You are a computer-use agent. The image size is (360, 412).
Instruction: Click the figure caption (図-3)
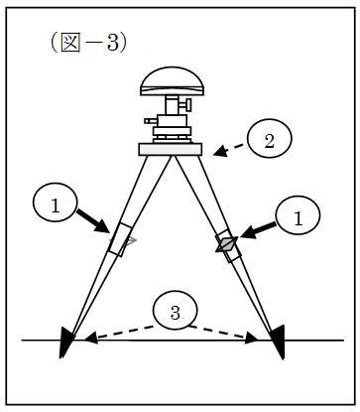88,43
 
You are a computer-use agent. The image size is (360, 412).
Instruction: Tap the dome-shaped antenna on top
172,81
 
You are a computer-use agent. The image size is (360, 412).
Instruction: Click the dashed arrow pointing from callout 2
229,150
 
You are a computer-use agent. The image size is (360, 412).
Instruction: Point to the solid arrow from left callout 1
93,220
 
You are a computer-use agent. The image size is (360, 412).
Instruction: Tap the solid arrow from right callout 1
258,230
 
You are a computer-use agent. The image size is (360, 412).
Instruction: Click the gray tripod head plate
171,149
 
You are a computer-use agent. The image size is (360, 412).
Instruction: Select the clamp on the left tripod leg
122,240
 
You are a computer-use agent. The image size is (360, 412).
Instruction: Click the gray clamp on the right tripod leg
228,245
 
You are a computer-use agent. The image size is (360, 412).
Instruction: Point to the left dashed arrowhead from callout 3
90,338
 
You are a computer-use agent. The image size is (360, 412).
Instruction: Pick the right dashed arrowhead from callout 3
251,339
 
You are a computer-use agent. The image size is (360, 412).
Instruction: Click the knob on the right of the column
186,104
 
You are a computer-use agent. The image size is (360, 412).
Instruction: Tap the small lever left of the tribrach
151,121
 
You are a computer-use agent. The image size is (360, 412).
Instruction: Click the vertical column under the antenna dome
173,105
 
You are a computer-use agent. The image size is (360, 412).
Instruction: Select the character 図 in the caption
70,43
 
